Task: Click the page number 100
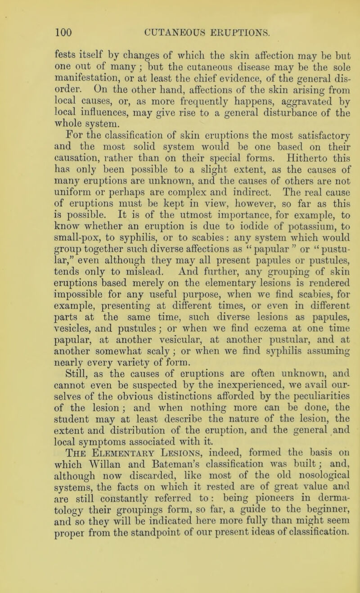pos(54,19)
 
